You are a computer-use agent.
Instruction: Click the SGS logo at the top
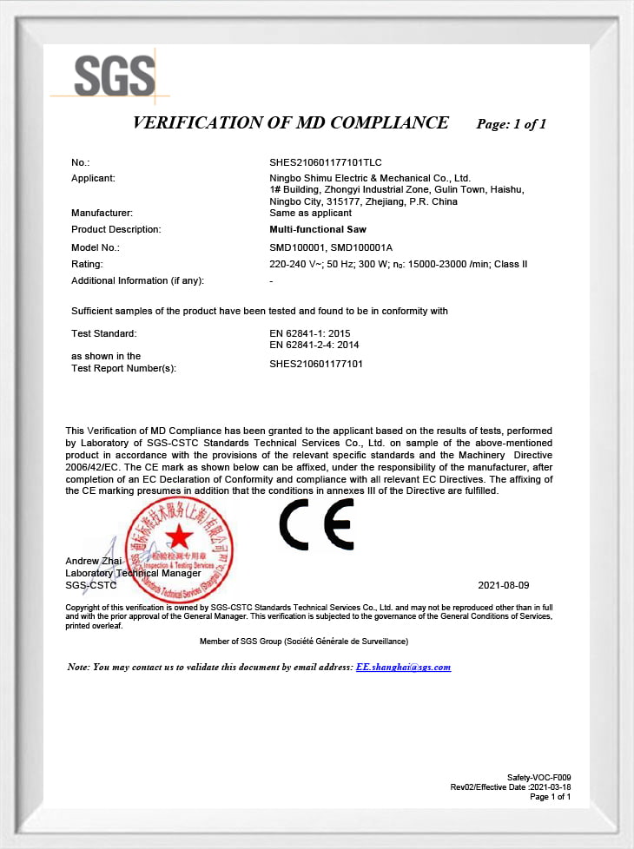(x=114, y=76)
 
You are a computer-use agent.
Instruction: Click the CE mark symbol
(x=316, y=524)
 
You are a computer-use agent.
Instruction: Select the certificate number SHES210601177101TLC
(x=326, y=162)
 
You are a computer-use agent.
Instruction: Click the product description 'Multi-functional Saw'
(x=319, y=229)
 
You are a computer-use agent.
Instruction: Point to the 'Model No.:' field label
(x=95, y=247)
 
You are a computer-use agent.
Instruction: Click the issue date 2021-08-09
(x=503, y=586)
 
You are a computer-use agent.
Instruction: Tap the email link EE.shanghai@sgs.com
(x=403, y=667)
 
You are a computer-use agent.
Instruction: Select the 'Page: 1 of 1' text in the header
(x=512, y=124)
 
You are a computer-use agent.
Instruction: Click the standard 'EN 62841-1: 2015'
(x=310, y=333)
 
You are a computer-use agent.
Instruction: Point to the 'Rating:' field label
(x=87, y=264)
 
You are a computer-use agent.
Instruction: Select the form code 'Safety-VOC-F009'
(x=538, y=777)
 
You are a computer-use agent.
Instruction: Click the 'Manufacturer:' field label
(x=102, y=213)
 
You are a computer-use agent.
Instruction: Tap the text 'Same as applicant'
(x=311, y=213)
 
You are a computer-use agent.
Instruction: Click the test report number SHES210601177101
(x=316, y=364)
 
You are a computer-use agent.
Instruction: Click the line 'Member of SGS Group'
(x=304, y=641)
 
